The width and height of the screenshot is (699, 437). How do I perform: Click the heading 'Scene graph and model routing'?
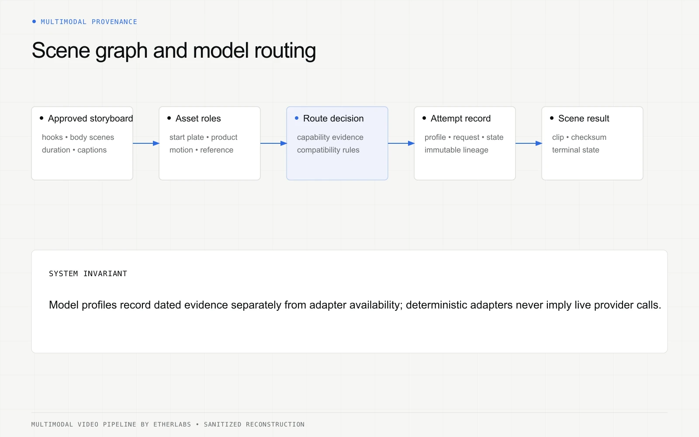[174, 51]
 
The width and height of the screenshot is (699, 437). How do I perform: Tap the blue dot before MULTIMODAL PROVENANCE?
[34, 21]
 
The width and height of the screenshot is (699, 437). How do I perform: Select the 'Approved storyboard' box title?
[90, 118]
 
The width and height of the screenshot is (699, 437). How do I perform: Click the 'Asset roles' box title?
[198, 118]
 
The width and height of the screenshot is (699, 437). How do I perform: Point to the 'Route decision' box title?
[333, 118]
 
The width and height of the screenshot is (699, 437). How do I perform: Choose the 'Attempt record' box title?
[460, 118]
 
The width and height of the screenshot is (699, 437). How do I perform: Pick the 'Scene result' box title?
[584, 118]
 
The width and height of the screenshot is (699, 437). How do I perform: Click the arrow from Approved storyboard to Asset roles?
[146, 143]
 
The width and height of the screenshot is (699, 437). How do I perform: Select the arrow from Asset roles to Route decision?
[273, 143]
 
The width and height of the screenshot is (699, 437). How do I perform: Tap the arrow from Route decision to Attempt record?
[401, 143]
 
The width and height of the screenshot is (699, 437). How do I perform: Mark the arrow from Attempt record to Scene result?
[529, 143]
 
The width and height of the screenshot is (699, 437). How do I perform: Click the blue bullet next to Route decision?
[297, 118]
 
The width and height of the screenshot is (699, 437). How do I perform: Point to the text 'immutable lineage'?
[456, 150]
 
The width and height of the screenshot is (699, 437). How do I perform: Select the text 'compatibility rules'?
[328, 150]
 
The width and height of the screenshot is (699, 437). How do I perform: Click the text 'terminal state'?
[575, 150]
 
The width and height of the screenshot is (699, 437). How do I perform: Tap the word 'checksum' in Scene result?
[588, 137]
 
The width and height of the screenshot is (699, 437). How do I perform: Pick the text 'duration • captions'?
[74, 150]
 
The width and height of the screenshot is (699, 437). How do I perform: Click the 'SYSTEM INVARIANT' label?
[88, 274]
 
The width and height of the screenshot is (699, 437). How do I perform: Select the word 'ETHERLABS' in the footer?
[172, 424]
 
